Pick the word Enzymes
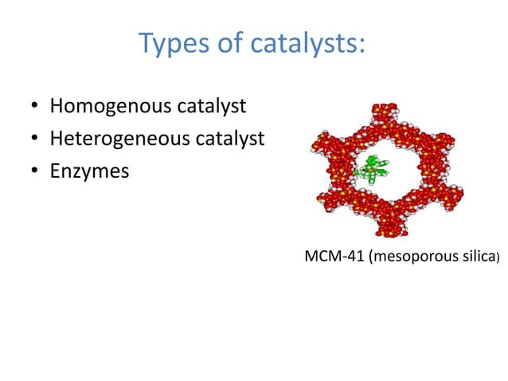coord(89,171)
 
